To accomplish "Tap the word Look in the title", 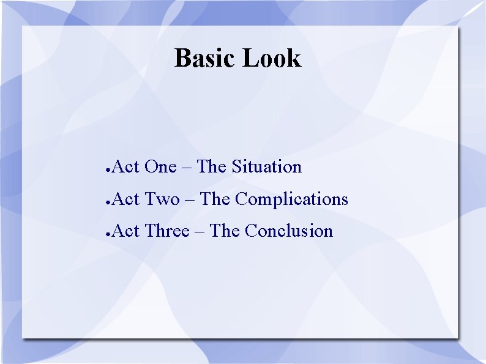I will pos(272,58).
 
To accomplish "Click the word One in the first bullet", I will pos(160,167).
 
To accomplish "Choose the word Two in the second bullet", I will pos(162,199).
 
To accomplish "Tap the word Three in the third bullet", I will pos(167,231).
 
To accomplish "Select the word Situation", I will pos(266,167).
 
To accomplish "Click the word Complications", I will pos(291,199).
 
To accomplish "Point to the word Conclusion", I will pos(289,231).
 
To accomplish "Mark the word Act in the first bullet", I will pos(126,167).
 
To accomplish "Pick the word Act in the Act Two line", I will pos(126,199).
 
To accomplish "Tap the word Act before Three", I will pos(126,231).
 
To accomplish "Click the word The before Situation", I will pos(212,167).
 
